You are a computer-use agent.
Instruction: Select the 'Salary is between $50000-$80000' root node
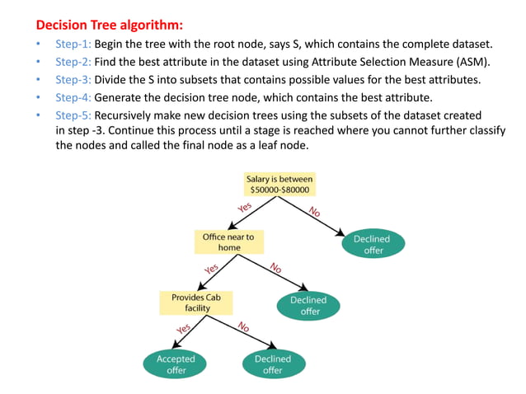(279, 184)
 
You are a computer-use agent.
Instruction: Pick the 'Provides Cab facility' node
(196, 302)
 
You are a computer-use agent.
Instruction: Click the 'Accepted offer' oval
(176, 364)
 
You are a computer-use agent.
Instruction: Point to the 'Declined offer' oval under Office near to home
(308, 306)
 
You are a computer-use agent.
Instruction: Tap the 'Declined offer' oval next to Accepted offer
(273, 364)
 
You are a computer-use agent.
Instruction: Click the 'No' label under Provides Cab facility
(244, 327)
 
